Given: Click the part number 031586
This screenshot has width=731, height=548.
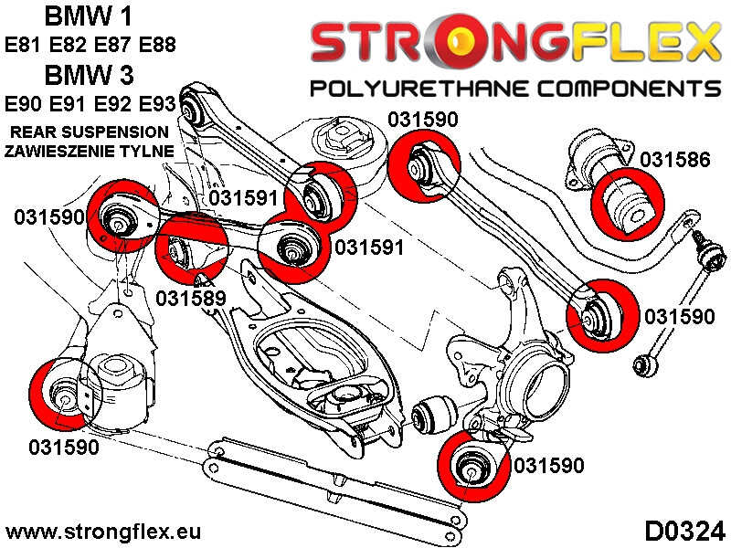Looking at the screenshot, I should click(x=674, y=160).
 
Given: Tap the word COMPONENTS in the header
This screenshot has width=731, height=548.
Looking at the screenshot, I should click(x=621, y=89).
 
